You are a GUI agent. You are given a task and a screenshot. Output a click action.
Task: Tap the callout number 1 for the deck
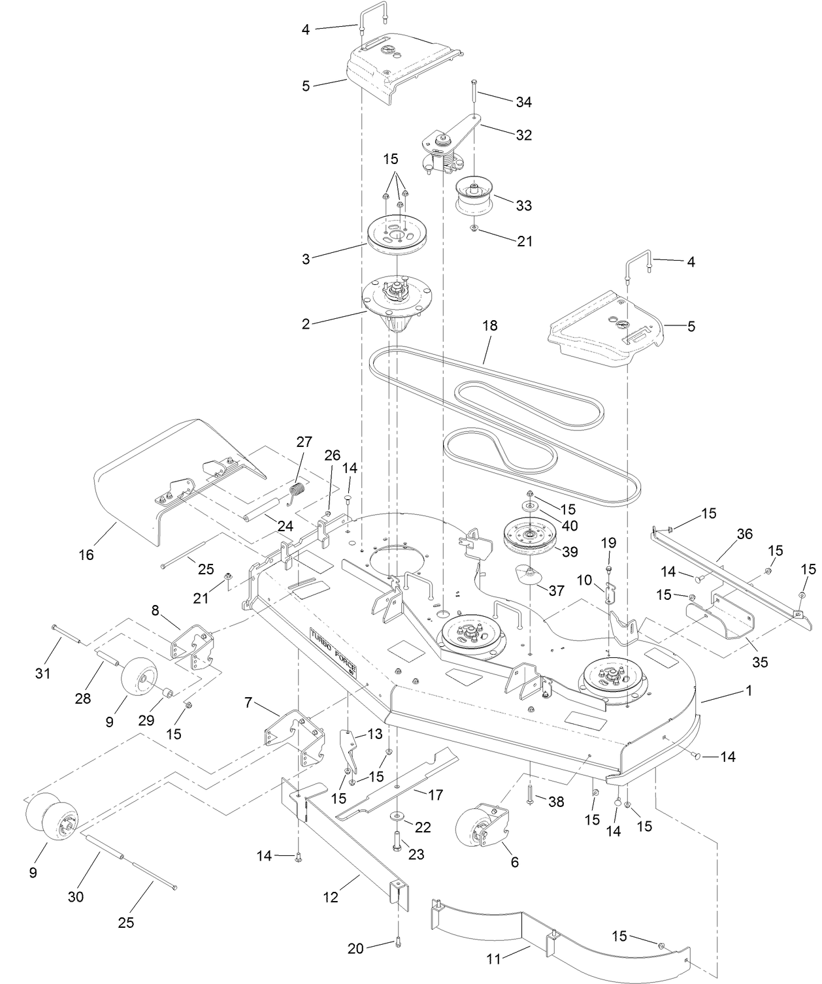(x=749, y=690)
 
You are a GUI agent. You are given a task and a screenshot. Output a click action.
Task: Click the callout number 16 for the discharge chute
(x=86, y=555)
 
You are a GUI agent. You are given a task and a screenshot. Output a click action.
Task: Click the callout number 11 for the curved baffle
(x=493, y=959)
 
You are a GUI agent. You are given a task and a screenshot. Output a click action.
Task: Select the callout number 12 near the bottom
(x=331, y=897)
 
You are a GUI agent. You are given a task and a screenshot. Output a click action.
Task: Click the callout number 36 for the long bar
(x=744, y=534)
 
